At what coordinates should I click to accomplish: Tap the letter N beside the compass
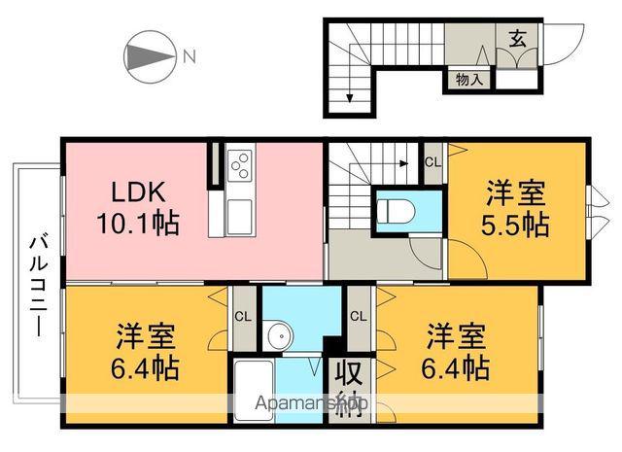tap(190, 55)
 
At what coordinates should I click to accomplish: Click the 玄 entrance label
tap(518, 39)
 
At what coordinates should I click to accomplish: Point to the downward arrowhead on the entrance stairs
tap(349, 96)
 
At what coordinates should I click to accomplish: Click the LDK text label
tap(121, 191)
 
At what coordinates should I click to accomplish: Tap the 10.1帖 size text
tap(136, 224)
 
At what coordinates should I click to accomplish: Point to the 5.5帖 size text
tap(516, 225)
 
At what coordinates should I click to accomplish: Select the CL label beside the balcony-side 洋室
tap(242, 316)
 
